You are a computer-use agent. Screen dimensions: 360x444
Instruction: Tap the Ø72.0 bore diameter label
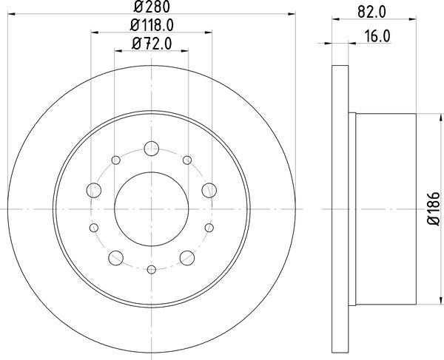coord(151,44)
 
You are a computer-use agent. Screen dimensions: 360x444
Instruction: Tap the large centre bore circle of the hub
coord(151,209)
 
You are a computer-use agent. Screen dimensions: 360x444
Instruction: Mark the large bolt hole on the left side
coord(93,191)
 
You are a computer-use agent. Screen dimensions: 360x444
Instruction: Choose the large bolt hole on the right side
coord(209,191)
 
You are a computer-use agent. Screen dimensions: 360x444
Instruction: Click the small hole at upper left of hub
coord(115,160)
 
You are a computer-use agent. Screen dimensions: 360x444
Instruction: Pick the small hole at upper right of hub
coord(186,160)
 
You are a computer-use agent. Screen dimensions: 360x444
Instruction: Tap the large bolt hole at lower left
coord(115,257)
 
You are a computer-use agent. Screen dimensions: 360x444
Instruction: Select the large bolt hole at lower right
coord(187,257)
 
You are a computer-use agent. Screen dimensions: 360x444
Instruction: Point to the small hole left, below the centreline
coord(93,228)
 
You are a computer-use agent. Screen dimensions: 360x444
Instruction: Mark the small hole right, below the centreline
coord(209,228)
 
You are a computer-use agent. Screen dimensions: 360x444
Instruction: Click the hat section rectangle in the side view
coord(386,209)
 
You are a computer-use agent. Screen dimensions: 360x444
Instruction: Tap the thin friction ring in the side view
coord(340,209)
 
